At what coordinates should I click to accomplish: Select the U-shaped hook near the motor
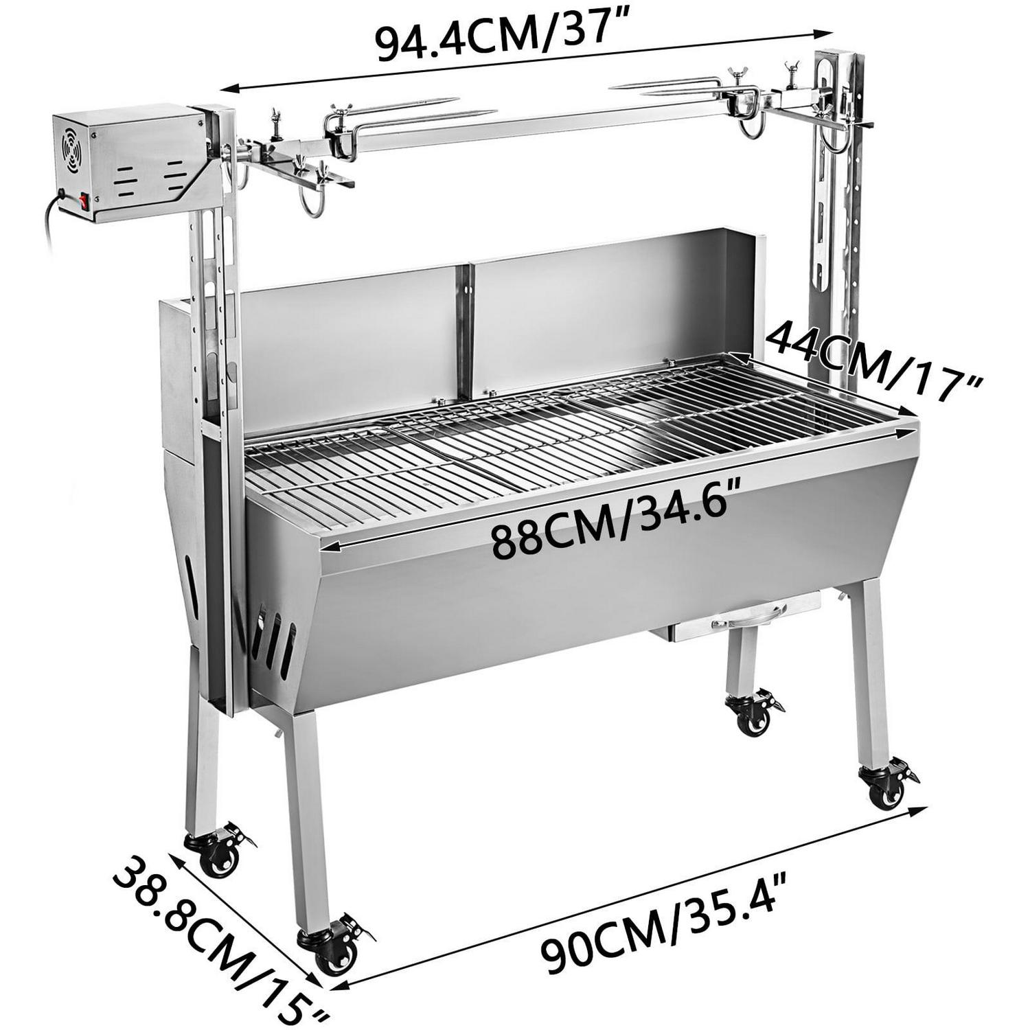click(309, 203)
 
